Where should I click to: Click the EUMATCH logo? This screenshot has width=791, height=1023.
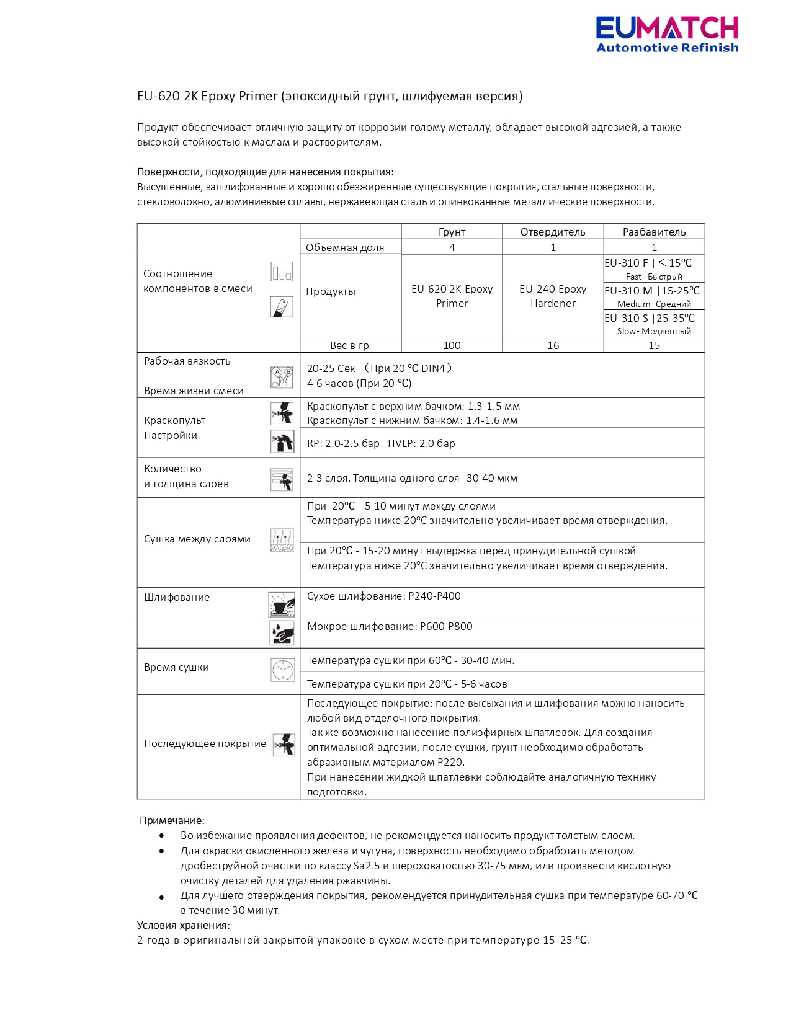click(667, 35)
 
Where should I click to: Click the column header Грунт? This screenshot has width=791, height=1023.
click(452, 232)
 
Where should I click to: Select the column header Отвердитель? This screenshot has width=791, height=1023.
click(553, 232)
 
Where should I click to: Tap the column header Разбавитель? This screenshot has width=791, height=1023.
click(654, 232)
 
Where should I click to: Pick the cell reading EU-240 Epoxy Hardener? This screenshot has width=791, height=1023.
click(553, 296)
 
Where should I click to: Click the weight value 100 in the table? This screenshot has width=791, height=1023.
click(452, 345)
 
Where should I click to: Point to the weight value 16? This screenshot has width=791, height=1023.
click(553, 345)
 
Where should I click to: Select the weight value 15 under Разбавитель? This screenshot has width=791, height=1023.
click(654, 345)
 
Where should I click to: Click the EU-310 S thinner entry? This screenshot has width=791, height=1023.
click(650, 319)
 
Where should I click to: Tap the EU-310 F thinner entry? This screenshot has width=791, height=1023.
click(648, 263)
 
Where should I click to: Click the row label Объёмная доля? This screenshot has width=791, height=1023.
click(345, 247)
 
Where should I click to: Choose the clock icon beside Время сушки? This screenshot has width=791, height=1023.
click(283, 670)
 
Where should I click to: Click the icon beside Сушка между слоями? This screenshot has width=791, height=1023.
click(282, 540)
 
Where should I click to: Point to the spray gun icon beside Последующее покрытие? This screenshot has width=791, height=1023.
click(284, 745)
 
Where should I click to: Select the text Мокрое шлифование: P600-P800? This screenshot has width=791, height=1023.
click(390, 627)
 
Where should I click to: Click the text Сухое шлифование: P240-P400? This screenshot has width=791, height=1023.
click(384, 596)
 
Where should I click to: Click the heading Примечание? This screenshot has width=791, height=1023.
click(172, 821)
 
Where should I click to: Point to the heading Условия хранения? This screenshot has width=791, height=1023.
click(184, 926)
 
